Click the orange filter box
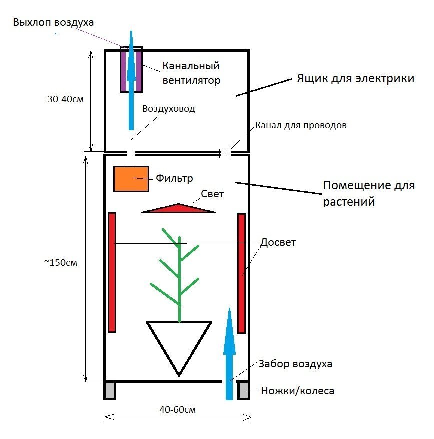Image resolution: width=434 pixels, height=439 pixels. [131, 179]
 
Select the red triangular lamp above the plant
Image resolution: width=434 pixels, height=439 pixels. [178, 208]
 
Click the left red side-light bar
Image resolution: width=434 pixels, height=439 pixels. [112, 272]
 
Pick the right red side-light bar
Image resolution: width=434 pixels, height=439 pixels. [242, 273]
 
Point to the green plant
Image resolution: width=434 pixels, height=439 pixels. [179, 276]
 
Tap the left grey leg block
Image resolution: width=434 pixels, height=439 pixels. [110, 390]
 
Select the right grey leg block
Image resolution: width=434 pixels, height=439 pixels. [243, 390]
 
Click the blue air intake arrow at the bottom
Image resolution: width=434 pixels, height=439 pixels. [229, 354]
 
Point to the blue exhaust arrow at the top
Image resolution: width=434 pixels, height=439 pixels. [131, 80]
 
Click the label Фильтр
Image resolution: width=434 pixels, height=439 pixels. [174, 178]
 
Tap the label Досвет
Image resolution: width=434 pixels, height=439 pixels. [278, 242]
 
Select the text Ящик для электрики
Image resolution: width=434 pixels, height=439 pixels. [355, 78]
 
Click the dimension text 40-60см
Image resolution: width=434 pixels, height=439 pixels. [178, 410]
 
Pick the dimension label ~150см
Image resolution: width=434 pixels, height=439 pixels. [61, 263]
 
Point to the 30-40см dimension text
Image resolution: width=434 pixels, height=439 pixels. [65, 99]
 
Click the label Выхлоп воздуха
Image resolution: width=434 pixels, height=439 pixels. [53, 22]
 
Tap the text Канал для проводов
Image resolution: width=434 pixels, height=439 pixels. [301, 125]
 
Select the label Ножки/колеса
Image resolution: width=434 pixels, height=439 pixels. [298, 391]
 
